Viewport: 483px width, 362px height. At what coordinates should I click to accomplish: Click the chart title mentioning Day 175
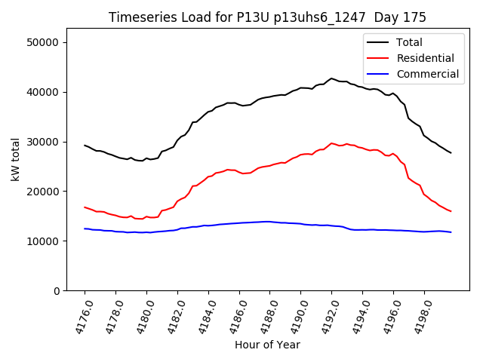pos(267,17)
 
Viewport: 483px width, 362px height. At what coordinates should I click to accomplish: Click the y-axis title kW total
pos(16,159)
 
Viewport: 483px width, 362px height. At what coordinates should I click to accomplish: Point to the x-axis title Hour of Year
pos(267,345)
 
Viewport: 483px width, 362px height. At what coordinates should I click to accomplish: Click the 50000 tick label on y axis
pos(44,42)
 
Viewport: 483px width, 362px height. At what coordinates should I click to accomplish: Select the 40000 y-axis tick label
pos(44,92)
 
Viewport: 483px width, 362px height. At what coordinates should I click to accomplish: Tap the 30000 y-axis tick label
pos(44,142)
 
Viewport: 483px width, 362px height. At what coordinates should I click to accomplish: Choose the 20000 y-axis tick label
pos(44,192)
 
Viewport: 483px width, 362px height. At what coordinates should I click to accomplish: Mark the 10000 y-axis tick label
pos(44,241)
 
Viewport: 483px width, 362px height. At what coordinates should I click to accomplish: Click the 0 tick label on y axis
pos(57,291)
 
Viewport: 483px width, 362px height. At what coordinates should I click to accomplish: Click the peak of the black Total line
pos(331,78)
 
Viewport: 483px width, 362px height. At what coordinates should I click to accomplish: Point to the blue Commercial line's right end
pos(451,232)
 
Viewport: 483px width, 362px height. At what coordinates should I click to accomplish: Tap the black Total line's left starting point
pos(85,145)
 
